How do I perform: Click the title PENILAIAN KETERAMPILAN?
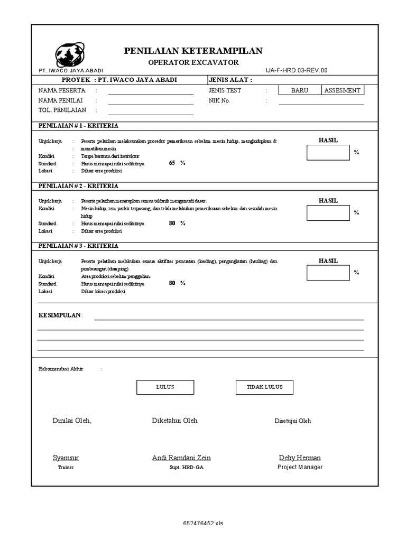click(193, 51)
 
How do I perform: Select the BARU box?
click(299, 90)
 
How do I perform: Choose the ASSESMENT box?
click(343, 90)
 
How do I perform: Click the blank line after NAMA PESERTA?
click(151, 91)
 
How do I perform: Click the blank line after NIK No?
click(321, 101)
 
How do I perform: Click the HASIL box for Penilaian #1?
click(328, 152)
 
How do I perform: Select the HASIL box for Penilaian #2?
click(328, 212)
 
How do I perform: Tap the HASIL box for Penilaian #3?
click(328, 273)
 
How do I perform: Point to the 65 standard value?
click(172, 163)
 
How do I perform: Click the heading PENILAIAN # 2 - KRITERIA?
click(78, 186)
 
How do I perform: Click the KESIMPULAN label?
click(60, 315)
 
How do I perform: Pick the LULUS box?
click(165, 387)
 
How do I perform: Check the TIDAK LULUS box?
click(264, 387)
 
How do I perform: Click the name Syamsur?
click(66, 458)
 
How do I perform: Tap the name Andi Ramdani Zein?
click(181, 458)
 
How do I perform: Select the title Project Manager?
click(300, 467)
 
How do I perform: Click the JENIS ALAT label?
click(230, 80)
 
